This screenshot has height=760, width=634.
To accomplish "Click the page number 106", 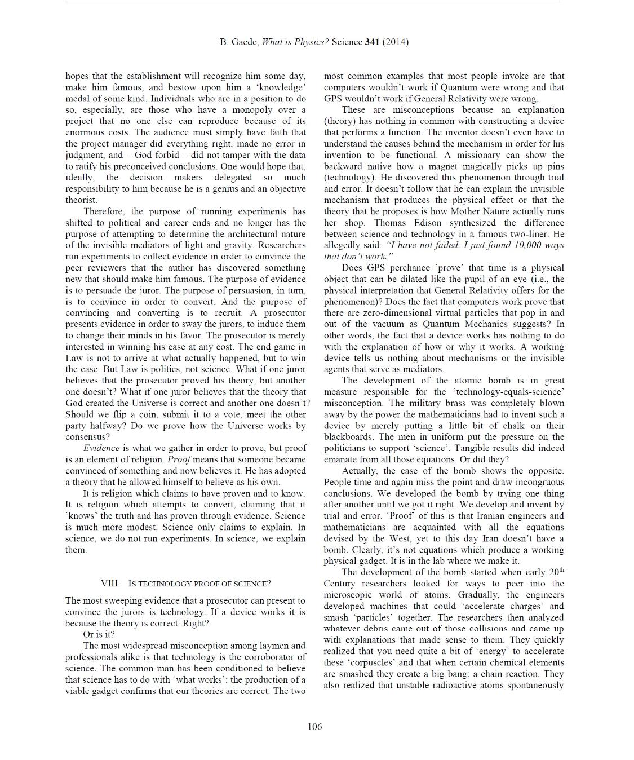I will [315, 726].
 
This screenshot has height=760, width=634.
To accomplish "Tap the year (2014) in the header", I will [396, 42].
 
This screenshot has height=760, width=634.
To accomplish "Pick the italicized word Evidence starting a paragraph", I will [101, 448].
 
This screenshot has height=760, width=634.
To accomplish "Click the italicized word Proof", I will [179, 459].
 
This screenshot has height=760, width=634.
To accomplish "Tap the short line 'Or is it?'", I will [99, 634].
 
